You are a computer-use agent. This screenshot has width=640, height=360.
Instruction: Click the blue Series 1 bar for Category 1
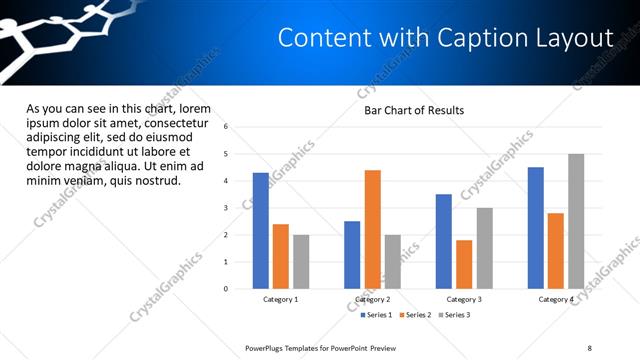point(261,231)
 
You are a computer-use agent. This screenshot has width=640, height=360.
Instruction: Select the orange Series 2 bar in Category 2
point(372,229)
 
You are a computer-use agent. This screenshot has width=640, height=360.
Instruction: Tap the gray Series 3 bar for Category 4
point(576,221)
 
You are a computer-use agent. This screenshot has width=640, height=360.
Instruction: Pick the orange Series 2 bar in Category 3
point(464,264)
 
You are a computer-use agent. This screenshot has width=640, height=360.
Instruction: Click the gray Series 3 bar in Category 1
point(301,262)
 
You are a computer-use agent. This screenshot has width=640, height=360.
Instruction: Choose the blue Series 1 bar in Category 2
point(352,255)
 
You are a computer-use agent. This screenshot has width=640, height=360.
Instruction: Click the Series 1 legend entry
point(378,315)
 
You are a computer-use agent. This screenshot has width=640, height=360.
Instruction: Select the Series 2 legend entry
point(416,315)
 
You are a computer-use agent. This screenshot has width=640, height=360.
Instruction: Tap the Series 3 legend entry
point(455,315)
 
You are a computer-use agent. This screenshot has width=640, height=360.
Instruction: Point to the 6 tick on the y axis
point(226,127)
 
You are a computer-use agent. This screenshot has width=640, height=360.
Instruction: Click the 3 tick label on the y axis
point(226,208)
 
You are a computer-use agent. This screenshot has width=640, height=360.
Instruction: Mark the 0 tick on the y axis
point(226,289)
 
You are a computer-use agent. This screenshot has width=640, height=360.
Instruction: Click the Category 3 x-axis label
point(464,299)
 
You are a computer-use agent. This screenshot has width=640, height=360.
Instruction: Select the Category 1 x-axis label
point(281,299)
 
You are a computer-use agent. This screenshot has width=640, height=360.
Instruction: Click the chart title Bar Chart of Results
point(413,110)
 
